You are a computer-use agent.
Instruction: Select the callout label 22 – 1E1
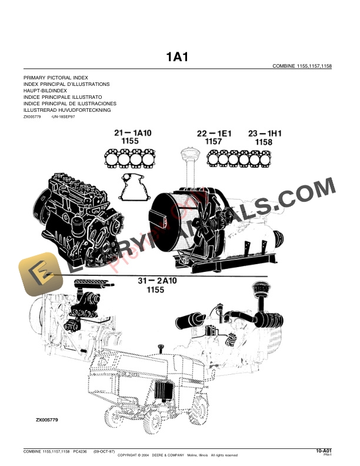tap(214, 134)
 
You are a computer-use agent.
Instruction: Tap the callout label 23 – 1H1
tap(265, 134)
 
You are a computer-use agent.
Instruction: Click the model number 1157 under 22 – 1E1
tap(213, 142)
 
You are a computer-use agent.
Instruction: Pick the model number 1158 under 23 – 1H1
tap(264, 142)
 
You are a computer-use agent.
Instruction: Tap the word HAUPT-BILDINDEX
tap(45, 91)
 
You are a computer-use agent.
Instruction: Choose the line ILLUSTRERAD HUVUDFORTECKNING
tap(66, 110)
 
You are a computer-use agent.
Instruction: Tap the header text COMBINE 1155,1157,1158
tap(302, 66)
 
